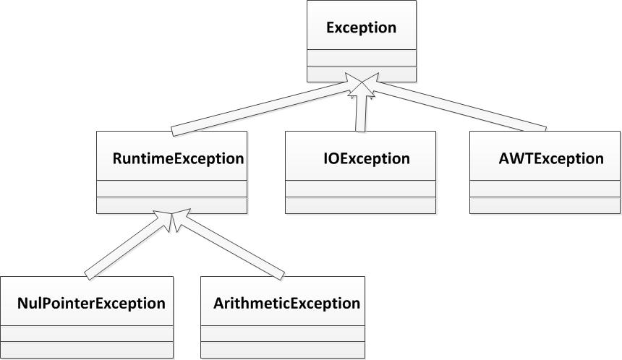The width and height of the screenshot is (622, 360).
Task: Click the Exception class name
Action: click(x=361, y=28)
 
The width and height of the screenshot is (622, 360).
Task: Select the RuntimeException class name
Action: click(x=178, y=158)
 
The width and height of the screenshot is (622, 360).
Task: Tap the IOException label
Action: click(x=365, y=158)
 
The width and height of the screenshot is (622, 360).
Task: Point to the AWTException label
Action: click(x=551, y=158)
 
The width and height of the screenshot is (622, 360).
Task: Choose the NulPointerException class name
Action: click(x=91, y=303)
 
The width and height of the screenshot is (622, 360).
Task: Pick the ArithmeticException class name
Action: click(x=286, y=303)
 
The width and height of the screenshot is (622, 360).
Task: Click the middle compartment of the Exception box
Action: click(x=361, y=58)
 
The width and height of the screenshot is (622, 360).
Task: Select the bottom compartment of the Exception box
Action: click(x=361, y=74)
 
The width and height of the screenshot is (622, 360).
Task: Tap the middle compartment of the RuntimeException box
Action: click(x=171, y=189)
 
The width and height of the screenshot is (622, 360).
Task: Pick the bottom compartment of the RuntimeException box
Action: click(x=171, y=205)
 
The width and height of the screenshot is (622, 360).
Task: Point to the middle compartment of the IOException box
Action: click(x=360, y=189)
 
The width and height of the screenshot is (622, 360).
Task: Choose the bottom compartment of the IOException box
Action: click(x=360, y=205)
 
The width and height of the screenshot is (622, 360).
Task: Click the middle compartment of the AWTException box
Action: click(x=545, y=189)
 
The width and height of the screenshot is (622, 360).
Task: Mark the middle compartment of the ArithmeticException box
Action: click(x=280, y=334)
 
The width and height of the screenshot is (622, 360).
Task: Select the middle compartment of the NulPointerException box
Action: click(x=87, y=334)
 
